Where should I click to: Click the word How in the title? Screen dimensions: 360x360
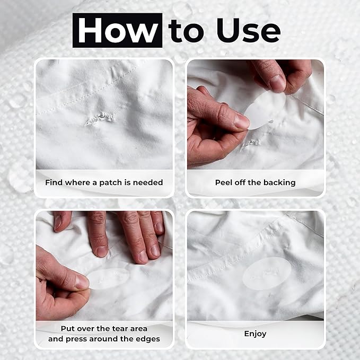tap(118, 30)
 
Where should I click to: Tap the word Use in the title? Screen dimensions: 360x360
tap(249, 30)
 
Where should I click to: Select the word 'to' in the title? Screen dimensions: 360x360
tap(186, 31)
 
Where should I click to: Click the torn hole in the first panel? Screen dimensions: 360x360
tap(100, 118)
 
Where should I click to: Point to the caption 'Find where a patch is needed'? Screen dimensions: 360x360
tap(104, 182)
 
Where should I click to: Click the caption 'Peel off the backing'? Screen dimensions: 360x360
tap(256, 182)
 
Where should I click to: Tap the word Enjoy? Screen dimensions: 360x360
tap(256, 333)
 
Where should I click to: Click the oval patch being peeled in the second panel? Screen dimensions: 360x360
tap(264, 110)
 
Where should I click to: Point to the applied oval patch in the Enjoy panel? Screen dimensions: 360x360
tap(267, 274)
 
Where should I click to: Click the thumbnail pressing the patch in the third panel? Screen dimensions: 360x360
tap(82, 282)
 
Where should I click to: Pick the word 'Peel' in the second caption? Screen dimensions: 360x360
tap(223, 182)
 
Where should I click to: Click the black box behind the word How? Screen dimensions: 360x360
tap(118, 30)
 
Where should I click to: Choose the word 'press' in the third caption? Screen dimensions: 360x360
tap(76, 339)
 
